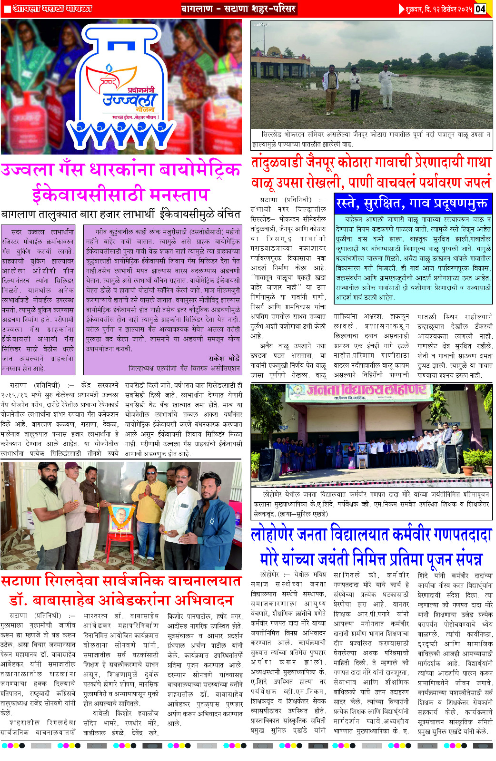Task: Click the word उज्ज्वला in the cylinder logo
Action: click(x=129, y=100)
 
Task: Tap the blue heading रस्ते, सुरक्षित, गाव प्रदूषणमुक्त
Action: click(x=412, y=203)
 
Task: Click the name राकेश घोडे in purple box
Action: click(x=224, y=358)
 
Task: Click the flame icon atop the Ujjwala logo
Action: click(x=110, y=68)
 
